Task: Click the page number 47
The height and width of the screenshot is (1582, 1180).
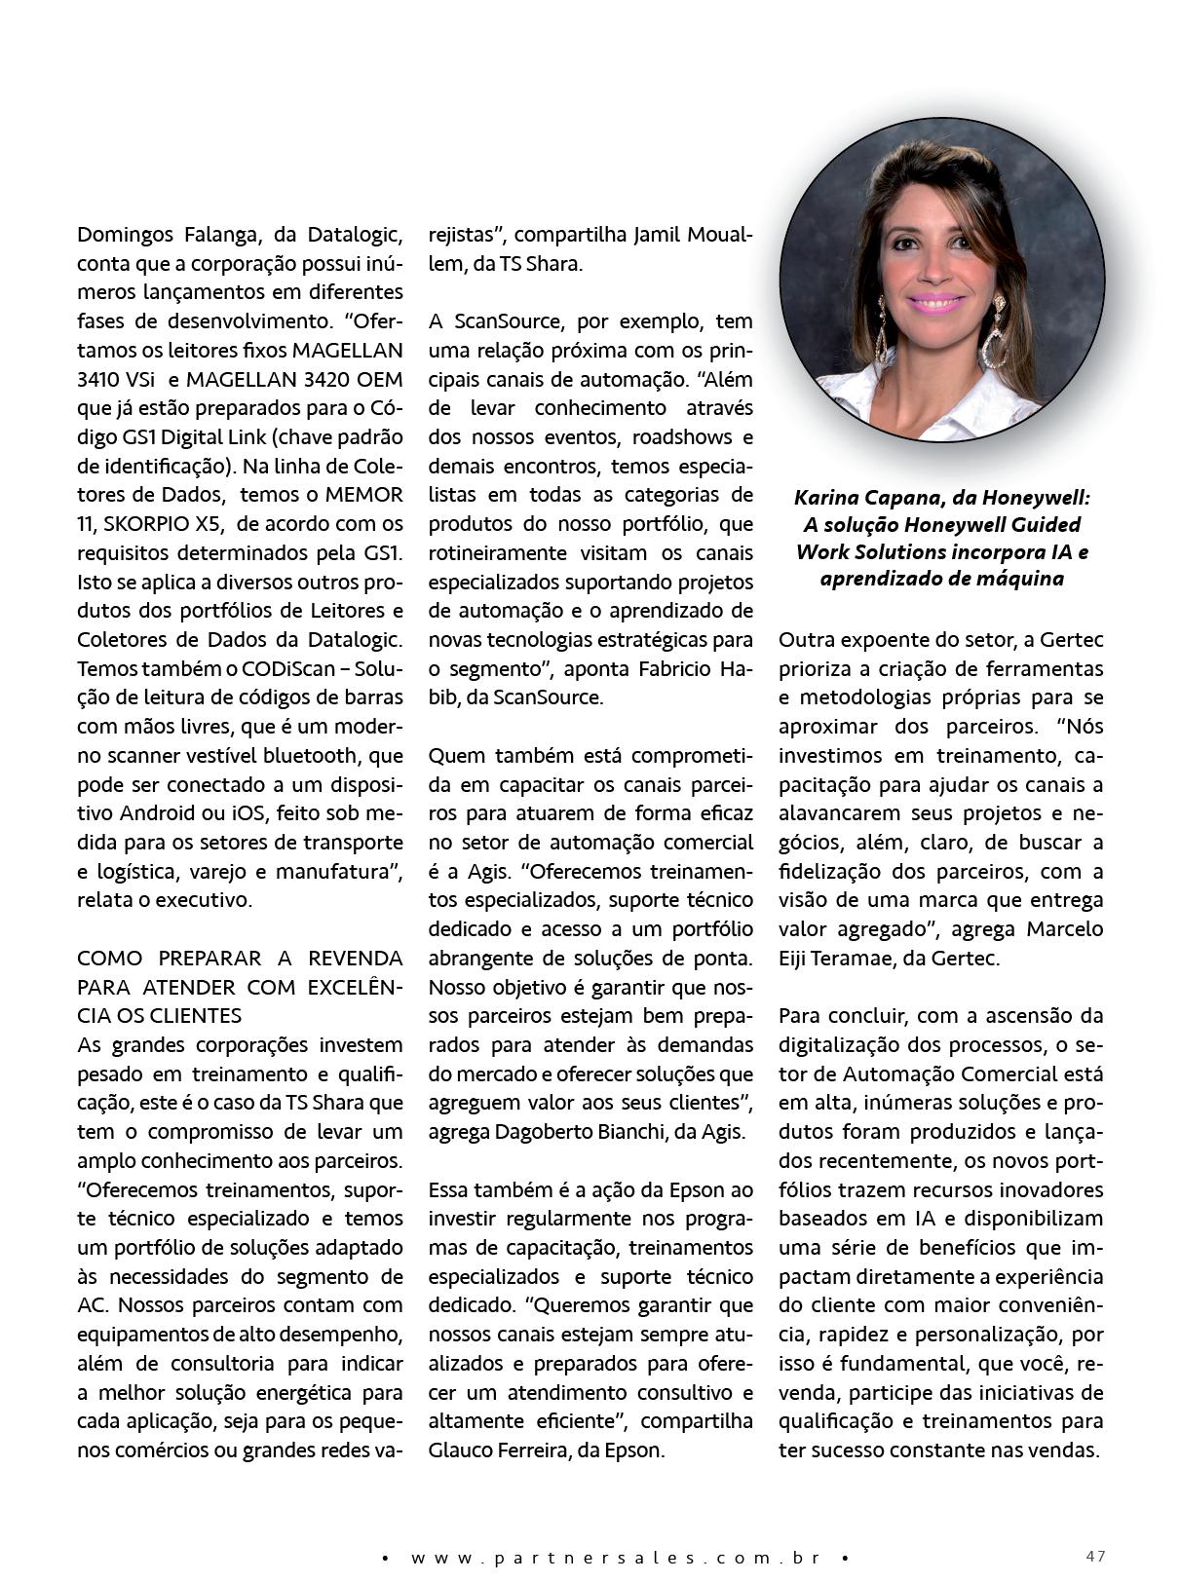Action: tap(1095, 1556)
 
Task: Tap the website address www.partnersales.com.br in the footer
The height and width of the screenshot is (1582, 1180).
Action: tap(614, 1558)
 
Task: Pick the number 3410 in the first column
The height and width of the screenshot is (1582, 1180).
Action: tap(99, 379)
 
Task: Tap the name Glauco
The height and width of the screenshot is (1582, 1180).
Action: tap(461, 1450)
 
